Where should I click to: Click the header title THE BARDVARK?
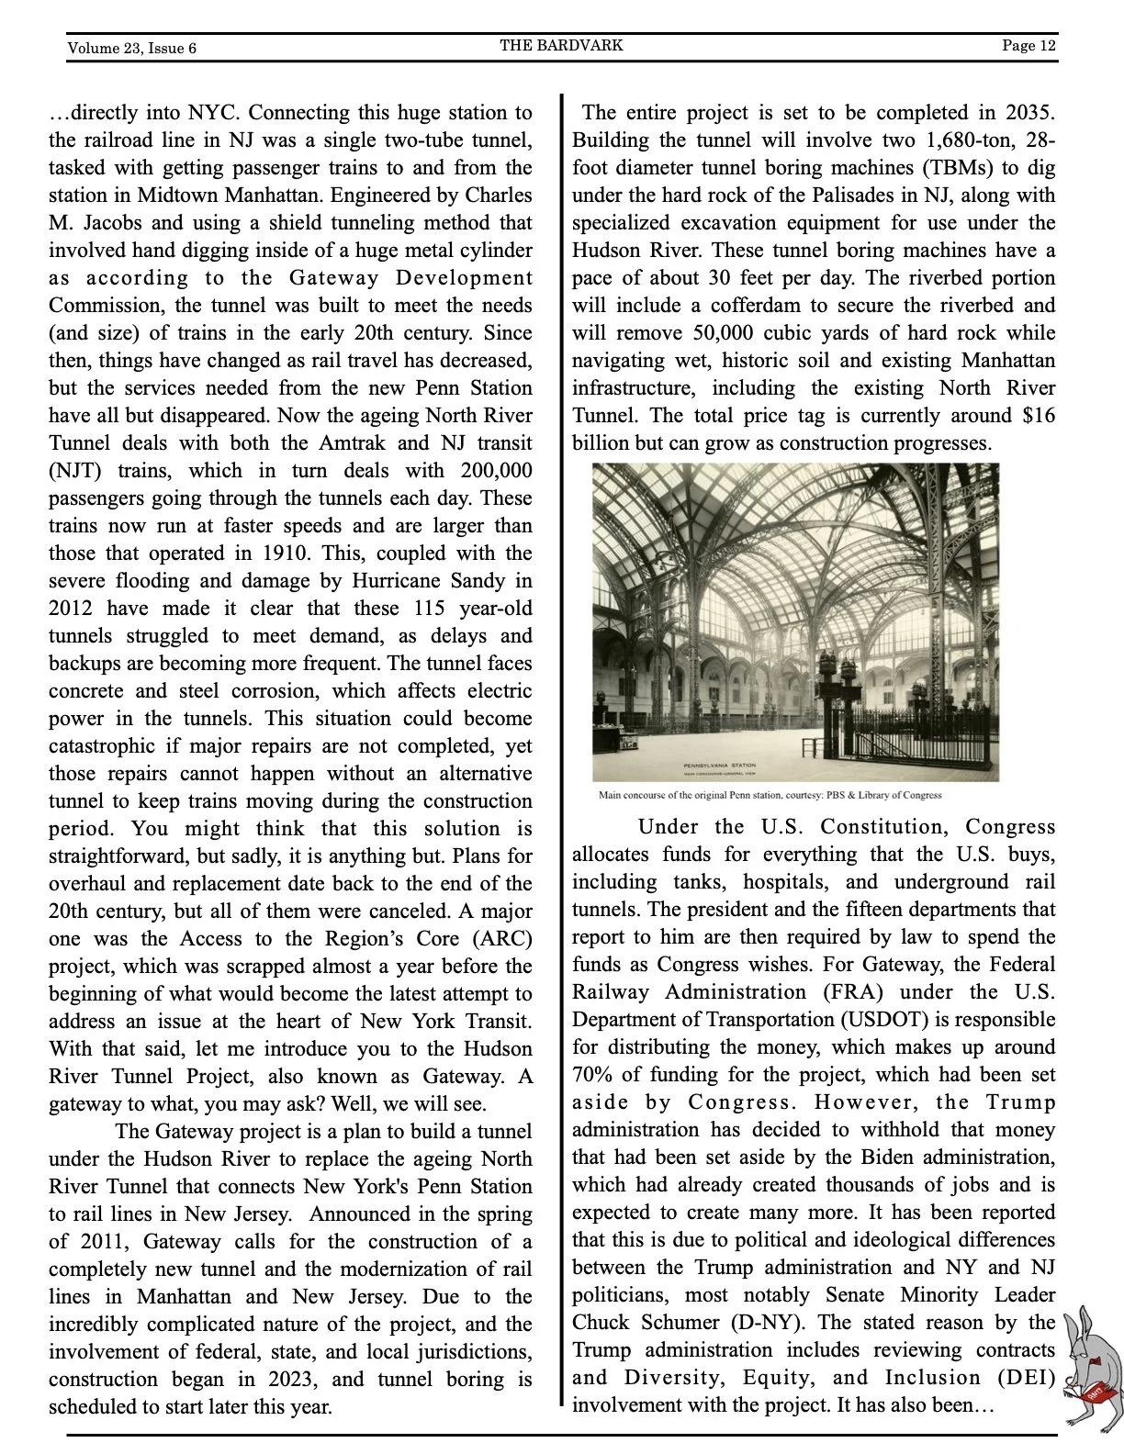click(x=561, y=45)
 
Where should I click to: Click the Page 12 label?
click(x=1028, y=45)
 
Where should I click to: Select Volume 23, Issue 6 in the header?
click(x=131, y=48)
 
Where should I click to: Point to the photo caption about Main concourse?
click(x=770, y=795)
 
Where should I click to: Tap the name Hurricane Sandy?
click(x=428, y=580)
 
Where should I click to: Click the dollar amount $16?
click(x=1039, y=415)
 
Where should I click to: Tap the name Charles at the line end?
click(x=499, y=195)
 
